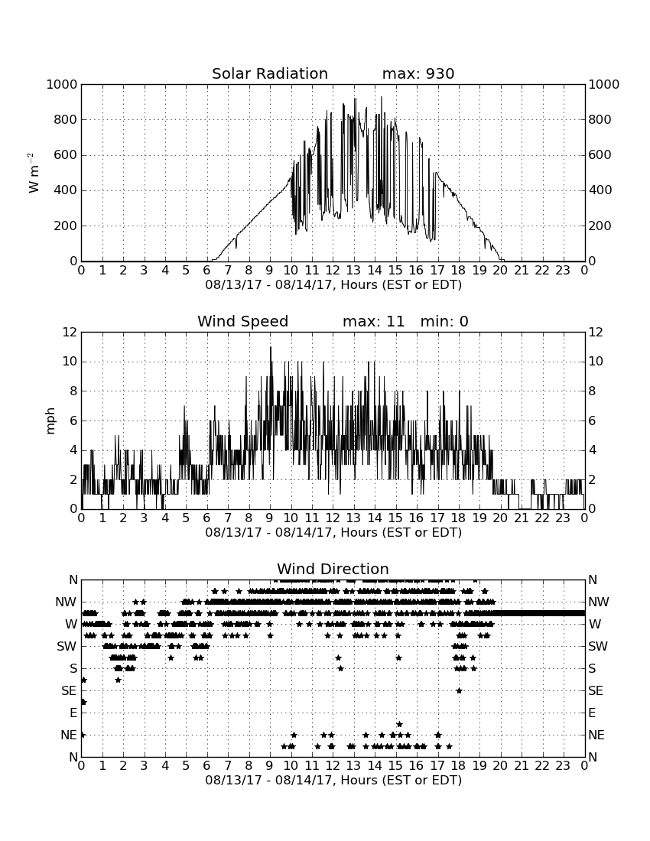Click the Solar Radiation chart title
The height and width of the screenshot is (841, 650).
[270, 73]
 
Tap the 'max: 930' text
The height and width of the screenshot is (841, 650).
[418, 73]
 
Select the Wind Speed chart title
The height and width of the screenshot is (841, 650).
[243, 321]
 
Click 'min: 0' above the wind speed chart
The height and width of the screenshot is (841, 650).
[444, 321]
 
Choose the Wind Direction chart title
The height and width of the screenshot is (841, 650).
[333, 569]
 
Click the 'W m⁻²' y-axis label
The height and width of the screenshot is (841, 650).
[33, 173]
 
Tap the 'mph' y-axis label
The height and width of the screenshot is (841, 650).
[50, 421]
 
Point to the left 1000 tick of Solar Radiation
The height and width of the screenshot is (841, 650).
[62, 85]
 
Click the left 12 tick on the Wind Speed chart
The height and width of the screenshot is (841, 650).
[70, 333]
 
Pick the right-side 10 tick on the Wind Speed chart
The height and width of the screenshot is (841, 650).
[596, 362]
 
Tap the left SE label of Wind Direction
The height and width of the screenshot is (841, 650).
[69, 691]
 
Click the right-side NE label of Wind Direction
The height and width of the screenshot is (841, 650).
[596, 735]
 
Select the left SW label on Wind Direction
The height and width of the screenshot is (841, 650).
[67, 646]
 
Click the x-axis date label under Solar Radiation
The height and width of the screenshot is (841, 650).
[333, 285]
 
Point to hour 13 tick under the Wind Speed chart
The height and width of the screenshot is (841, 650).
[353, 518]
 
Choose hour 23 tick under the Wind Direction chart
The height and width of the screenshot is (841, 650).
[563, 766]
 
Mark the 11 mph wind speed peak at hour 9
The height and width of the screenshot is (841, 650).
[270, 348]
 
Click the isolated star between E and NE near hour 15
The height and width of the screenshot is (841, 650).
[399, 724]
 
